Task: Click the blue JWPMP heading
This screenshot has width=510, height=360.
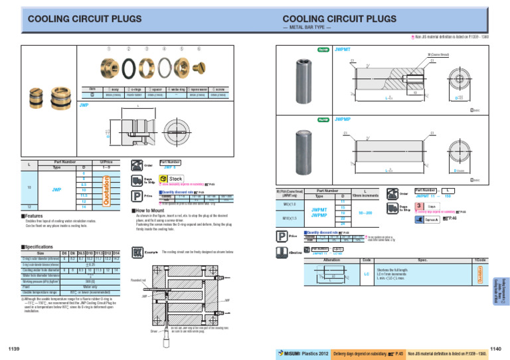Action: coord(343,120)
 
